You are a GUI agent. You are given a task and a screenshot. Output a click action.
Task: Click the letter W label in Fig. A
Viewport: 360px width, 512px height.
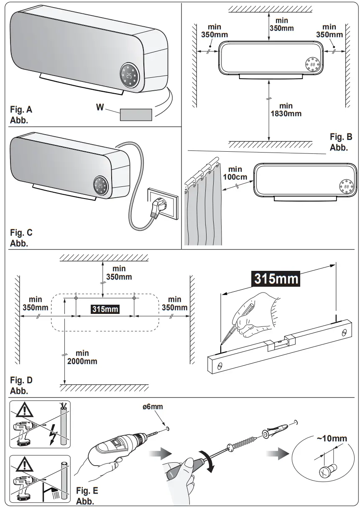tap(100, 107)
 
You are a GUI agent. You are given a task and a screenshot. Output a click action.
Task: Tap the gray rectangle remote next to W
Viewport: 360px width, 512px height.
tap(136, 114)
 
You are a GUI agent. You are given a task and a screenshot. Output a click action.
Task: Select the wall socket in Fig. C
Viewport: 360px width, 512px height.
tap(165, 203)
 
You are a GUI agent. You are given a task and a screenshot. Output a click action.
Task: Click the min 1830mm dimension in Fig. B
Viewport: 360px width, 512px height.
tap(286, 110)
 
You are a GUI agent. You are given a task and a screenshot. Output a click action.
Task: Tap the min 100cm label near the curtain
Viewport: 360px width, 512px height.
tap(235, 173)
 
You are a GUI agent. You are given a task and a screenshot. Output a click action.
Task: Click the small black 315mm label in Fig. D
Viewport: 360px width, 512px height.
tap(105, 309)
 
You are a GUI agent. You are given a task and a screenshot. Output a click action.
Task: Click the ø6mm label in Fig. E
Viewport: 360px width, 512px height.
tap(153, 406)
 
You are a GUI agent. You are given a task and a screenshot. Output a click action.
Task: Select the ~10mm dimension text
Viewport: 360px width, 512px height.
tap(332, 438)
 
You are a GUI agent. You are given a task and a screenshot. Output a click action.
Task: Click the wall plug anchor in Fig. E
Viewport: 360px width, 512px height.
tap(276, 430)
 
